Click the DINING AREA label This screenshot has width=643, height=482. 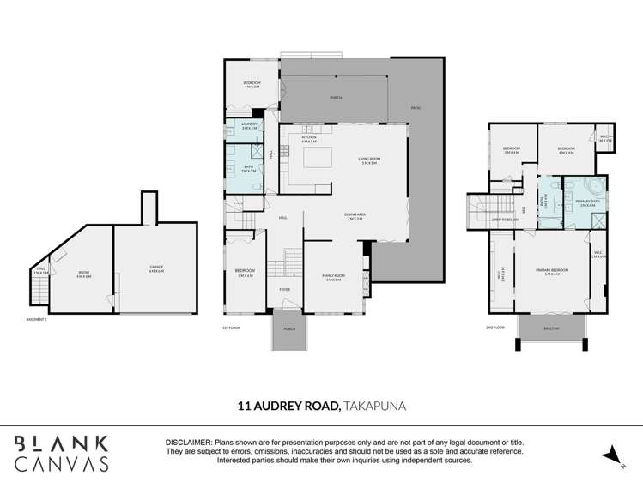[x=353, y=216]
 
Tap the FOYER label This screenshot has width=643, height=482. [x=284, y=290]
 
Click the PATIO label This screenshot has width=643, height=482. [x=416, y=109]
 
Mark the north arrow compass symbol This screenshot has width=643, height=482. [x=611, y=455]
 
